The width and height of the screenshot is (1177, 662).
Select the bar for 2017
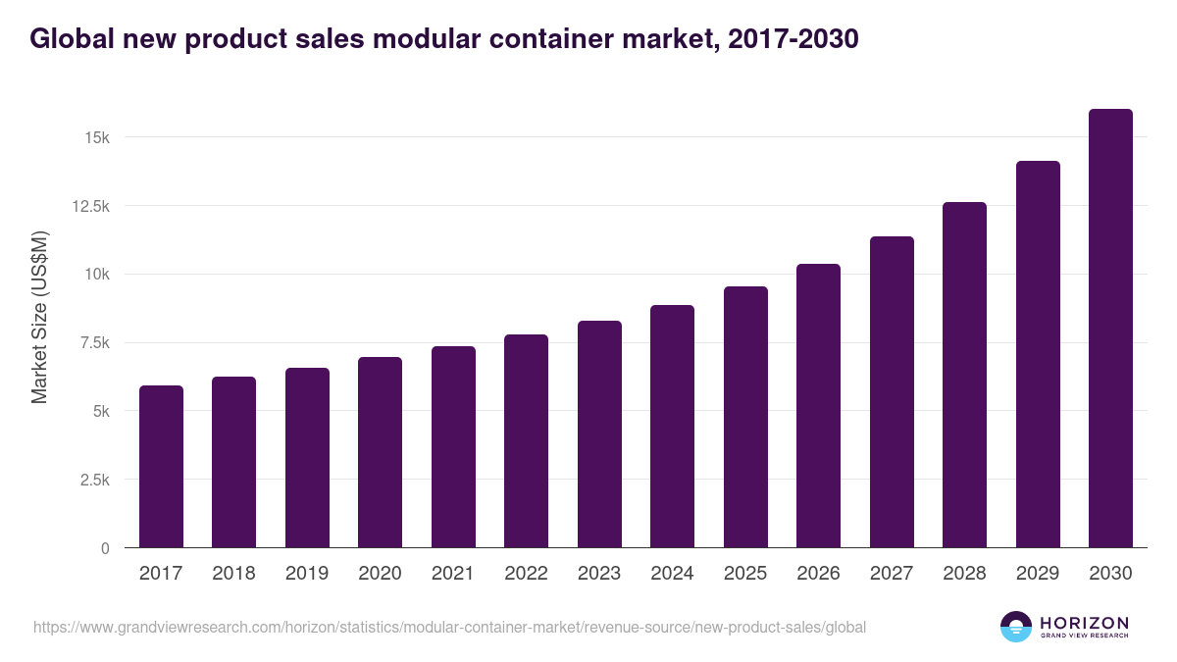[x=161, y=467]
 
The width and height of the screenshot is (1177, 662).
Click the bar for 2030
[x=1110, y=329]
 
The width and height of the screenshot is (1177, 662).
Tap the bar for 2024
[x=672, y=427]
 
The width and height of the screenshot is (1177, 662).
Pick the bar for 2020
[x=380, y=452]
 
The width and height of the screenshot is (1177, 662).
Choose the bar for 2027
[x=892, y=392]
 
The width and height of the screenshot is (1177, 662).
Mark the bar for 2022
[x=526, y=441]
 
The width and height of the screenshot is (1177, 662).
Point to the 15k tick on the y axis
[x=96, y=137]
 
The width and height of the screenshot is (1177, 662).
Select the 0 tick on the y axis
[x=104, y=548]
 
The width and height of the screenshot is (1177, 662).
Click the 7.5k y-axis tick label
[x=92, y=343]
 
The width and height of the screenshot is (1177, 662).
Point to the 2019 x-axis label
[x=307, y=574]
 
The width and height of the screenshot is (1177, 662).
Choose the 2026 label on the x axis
[x=818, y=574]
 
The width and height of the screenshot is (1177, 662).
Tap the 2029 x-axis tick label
[x=1038, y=574]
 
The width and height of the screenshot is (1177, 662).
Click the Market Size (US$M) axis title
[x=39, y=317]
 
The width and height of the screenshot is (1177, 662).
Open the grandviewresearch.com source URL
[x=449, y=627]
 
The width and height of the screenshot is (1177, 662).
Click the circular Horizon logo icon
[x=1016, y=627]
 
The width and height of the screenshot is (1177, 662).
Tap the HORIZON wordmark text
[x=1084, y=623]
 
